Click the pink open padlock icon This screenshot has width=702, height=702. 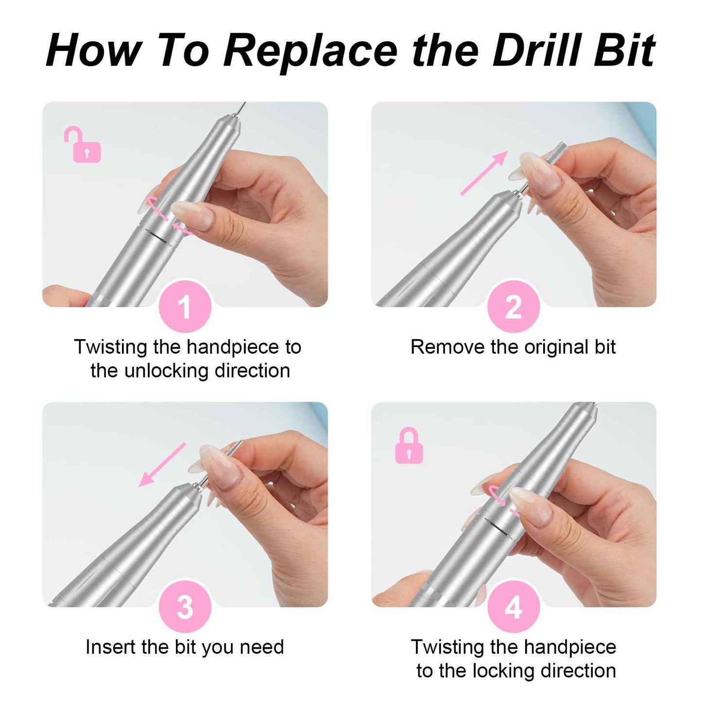click(x=84, y=146)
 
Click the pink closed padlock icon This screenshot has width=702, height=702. click(x=409, y=447)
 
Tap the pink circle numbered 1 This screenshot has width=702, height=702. click(x=185, y=307)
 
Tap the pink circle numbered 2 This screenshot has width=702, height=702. click(x=514, y=307)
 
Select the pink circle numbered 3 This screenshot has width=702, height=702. click(x=185, y=607)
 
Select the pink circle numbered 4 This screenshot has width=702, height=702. click(x=514, y=607)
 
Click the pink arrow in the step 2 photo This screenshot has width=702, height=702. click(x=484, y=173)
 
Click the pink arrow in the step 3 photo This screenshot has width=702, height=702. click(x=162, y=464)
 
